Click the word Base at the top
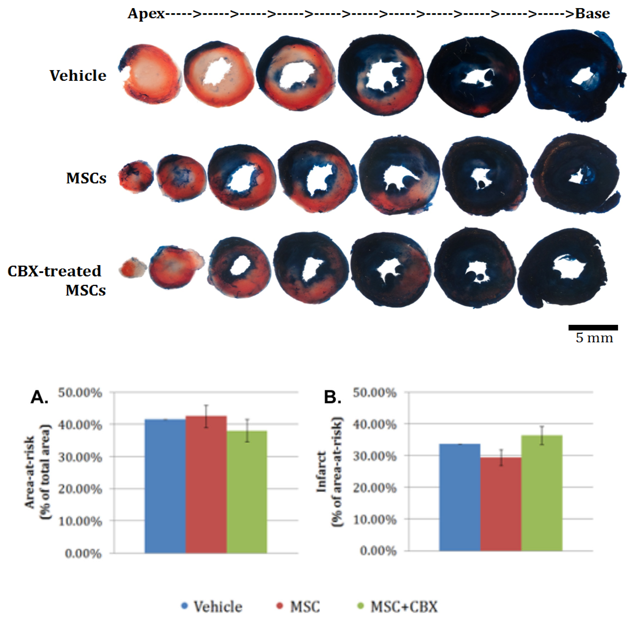click(592, 14)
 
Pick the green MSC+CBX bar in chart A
click(247, 492)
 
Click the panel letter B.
click(332, 398)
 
